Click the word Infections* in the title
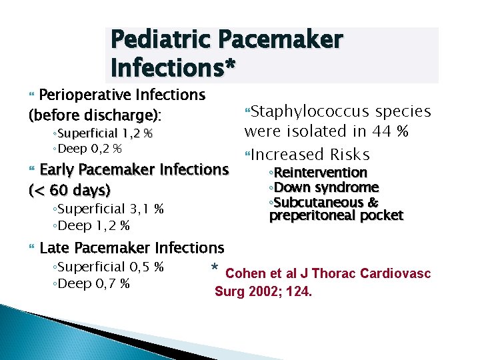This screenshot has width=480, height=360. [173, 67]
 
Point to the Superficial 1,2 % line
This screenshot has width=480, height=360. [103, 134]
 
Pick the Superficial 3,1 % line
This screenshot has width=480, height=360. [108, 209]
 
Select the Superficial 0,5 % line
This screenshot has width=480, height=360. [108, 267]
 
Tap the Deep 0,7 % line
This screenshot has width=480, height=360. [91, 285]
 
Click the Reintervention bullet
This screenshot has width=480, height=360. [317, 173]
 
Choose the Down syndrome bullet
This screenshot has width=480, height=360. [323, 187]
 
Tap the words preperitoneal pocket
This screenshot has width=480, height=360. [336, 215]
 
